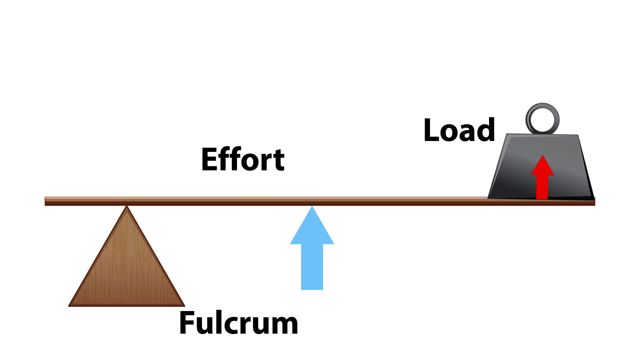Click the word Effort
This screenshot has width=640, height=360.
click(243, 160)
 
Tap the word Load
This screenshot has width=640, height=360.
click(459, 130)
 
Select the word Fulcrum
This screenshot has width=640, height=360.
click(238, 323)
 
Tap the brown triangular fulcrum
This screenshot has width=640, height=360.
click(127, 267)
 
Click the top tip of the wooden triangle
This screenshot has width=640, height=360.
click(127, 207)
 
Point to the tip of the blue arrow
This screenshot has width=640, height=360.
click(312, 207)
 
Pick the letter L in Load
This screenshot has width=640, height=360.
click(430, 130)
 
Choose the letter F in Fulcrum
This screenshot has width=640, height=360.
click(187, 323)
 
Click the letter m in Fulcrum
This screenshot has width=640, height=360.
click(285, 325)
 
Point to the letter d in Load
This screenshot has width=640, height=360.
click(486, 130)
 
